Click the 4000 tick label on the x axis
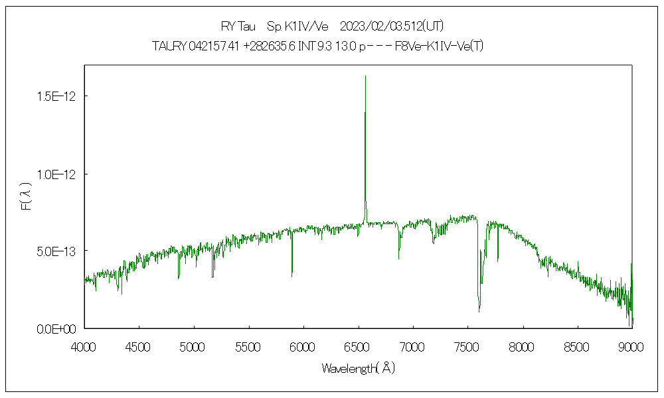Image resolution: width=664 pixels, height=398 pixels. pos(84,346)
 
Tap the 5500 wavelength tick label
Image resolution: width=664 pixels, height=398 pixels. pos(248,346)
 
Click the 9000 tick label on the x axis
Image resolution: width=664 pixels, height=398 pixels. pos(631,346)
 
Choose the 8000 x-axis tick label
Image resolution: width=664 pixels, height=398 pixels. pos(522,346)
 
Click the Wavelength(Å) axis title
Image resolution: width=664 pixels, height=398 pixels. pos(358,368)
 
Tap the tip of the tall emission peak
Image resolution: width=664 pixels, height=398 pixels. pos(365,76)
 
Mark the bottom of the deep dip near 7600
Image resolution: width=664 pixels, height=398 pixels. pos(479,310)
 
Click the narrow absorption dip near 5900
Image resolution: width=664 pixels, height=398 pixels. pos(292,275)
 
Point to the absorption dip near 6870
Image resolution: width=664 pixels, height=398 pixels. pos(399,258)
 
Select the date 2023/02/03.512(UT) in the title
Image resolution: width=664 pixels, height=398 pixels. pos(392,27)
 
